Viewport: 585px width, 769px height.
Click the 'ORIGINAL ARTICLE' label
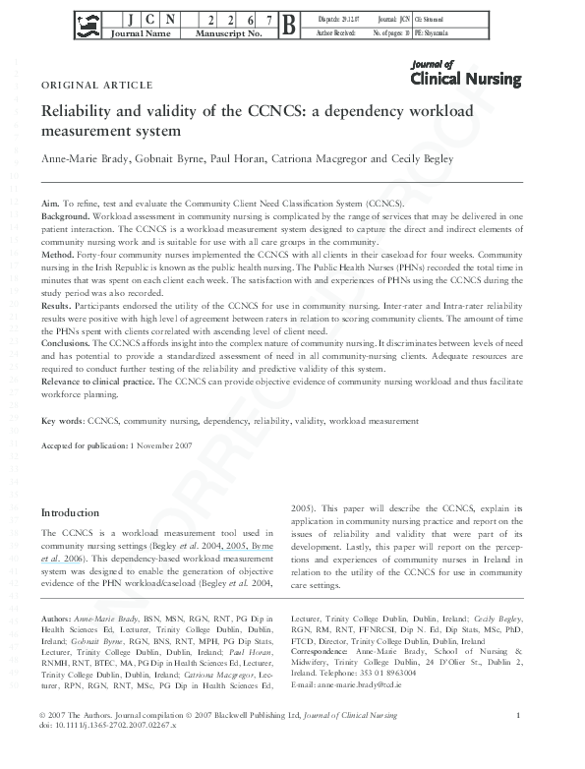click(96, 85)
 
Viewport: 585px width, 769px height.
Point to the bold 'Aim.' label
click(50, 201)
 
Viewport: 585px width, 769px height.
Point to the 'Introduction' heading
click(70, 512)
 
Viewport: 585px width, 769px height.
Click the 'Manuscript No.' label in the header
click(224, 33)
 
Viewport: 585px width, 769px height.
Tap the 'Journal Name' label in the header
click(143, 33)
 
